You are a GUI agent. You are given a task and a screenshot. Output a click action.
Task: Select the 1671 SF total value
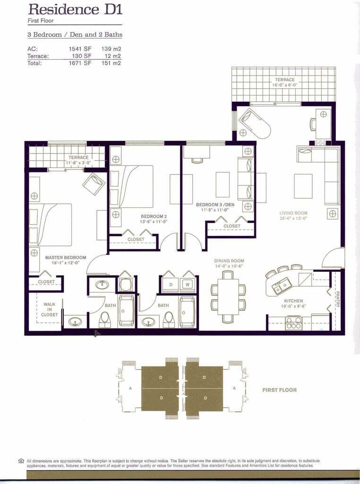pyautogui.click(x=80, y=63)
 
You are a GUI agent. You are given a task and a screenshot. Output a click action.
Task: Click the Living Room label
pyautogui.click(x=294, y=213)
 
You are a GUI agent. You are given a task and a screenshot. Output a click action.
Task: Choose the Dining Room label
pyautogui.click(x=229, y=261)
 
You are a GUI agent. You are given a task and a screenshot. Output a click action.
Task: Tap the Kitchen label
pyautogui.click(x=293, y=301)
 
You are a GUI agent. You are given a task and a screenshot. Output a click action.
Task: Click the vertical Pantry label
pyautogui.click(x=337, y=299)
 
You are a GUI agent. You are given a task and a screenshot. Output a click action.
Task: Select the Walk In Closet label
pyautogui.click(x=50, y=310)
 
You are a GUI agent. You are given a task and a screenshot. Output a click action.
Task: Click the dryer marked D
pyautogui.click(x=171, y=285)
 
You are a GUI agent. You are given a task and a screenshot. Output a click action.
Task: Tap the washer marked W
pyautogui.click(x=187, y=285)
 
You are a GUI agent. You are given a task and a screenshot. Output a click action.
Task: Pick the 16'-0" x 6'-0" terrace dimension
pyautogui.click(x=284, y=86)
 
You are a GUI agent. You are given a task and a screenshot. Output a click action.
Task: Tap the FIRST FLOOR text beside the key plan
pyautogui.click(x=279, y=390)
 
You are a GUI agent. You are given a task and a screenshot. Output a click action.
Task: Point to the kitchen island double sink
pyautogui.click(x=283, y=285)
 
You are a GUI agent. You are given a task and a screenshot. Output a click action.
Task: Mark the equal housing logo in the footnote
pyautogui.click(x=21, y=460)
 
